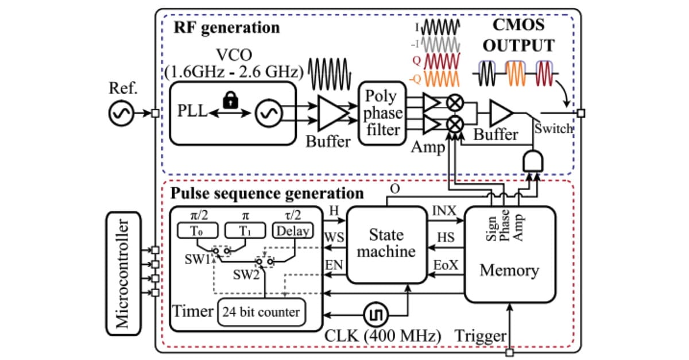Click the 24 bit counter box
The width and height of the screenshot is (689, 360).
[261, 312]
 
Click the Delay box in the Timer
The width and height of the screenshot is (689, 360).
[294, 231]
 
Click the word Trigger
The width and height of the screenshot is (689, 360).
[480, 335]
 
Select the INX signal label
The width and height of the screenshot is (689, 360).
[444, 211]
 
